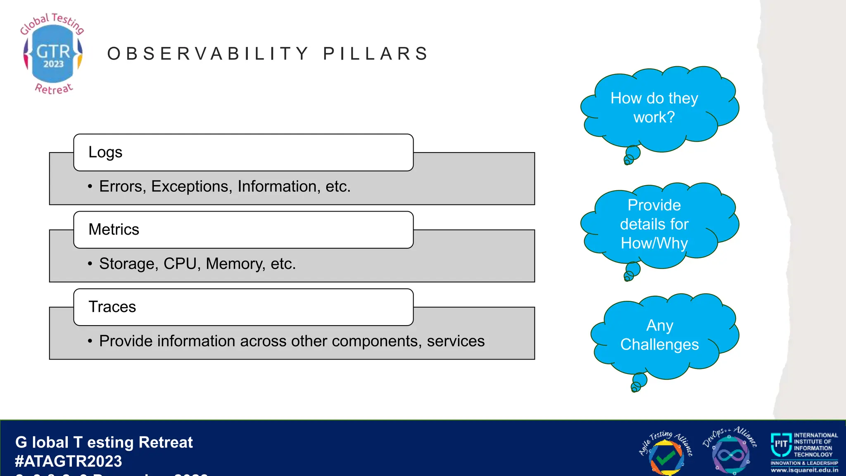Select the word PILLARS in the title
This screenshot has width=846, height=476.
tap(375, 54)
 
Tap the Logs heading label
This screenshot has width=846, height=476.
tap(105, 152)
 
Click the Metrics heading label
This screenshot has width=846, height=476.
tap(114, 229)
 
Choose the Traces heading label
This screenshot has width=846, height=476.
tap(112, 307)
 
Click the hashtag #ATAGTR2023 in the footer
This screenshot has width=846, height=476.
tap(68, 461)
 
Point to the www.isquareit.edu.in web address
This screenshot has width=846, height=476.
tap(804, 470)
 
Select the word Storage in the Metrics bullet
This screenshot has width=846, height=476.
tap(128, 264)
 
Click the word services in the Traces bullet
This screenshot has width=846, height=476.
tap(456, 341)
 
